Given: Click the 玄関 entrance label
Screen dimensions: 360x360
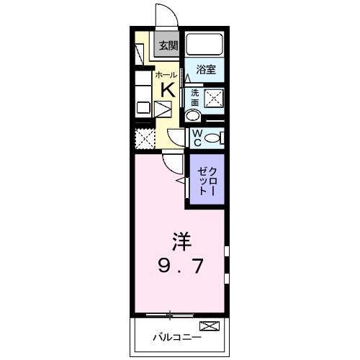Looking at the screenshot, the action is click(169, 45).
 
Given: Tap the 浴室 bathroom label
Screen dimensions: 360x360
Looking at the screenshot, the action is click(206, 69).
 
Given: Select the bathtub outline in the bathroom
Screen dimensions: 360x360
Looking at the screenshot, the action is click(204, 44).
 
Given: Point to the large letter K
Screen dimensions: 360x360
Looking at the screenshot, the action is click(168, 90).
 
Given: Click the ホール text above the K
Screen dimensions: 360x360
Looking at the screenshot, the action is click(166, 75).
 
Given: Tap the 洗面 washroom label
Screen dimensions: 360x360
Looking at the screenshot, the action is click(195, 98).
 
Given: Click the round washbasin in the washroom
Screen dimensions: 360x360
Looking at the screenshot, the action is click(193, 116).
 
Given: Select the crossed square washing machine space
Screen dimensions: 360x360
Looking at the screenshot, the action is click(214, 98).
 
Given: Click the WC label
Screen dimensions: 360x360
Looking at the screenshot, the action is click(197, 138).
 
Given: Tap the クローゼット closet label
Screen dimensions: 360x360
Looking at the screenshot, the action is click(207, 181).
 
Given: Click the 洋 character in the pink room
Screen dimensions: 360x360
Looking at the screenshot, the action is click(181, 242).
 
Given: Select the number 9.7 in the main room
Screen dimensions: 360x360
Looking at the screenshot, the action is click(181, 266).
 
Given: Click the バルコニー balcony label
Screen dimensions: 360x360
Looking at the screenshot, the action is click(177, 338).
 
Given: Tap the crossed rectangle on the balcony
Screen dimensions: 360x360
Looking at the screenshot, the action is click(210, 326).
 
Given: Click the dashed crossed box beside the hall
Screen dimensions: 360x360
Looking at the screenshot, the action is click(145, 139).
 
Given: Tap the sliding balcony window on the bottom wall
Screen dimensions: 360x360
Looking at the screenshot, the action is click(170, 315).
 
